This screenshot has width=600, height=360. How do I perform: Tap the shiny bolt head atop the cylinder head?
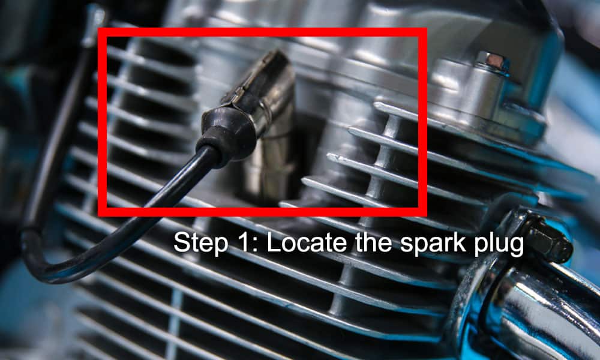(491, 61)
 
